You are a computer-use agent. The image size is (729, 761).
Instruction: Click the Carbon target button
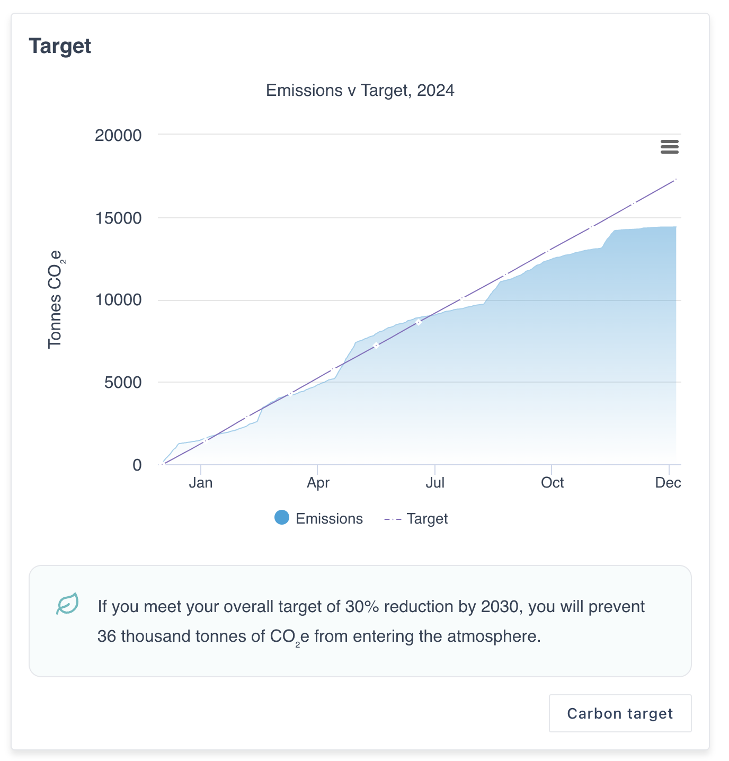(620, 713)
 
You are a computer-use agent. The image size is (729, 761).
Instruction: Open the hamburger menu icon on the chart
(670, 147)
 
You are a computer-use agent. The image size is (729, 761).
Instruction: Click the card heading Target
(60, 46)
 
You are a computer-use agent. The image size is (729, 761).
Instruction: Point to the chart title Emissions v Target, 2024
(360, 91)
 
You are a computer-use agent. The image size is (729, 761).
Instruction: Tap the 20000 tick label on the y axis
(118, 136)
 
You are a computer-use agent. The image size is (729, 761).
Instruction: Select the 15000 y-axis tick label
(118, 218)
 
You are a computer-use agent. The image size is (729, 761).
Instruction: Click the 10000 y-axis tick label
(118, 300)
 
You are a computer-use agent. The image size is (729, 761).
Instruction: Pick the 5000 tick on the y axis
(123, 382)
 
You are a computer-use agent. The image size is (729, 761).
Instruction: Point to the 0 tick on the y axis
(137, 465)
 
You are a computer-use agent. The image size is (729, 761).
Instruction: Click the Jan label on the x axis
(201, 483)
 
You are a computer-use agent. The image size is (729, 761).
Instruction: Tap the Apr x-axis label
(318, 483)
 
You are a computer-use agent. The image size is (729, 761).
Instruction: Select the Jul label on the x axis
(435, 483)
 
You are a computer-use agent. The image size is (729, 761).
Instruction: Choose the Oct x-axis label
(552, 483)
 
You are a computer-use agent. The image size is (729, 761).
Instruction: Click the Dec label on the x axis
(668, 483)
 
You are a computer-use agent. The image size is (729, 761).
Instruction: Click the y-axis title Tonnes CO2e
(56, 299)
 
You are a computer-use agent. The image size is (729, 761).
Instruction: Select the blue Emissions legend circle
(282, 518)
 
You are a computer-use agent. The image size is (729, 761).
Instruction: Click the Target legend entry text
(427, 519)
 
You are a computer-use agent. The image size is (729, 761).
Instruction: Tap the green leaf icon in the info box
(68, 604)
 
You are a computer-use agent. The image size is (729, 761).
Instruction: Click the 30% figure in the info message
(362, 607)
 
